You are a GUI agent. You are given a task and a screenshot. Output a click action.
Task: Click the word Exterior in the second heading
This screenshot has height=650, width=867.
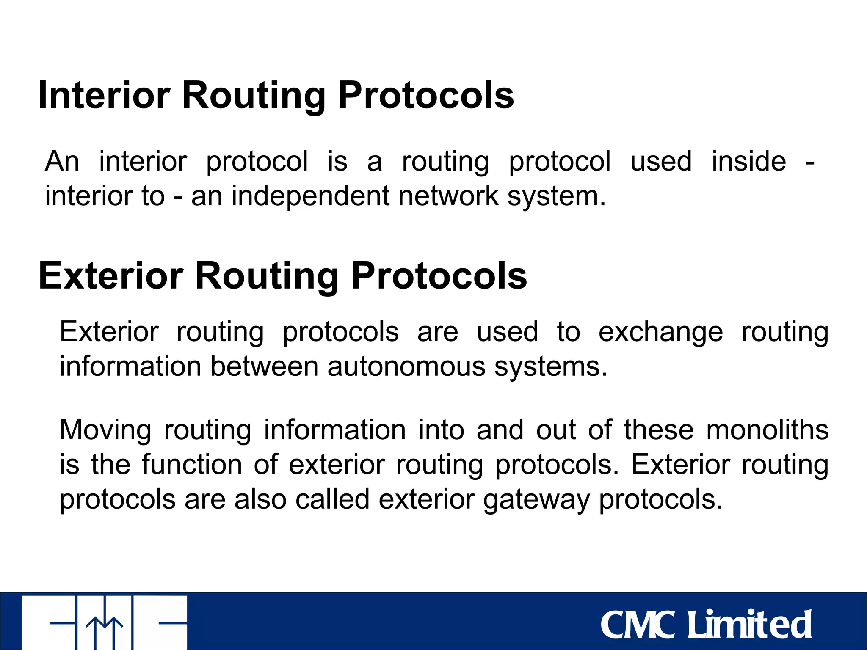(x=111, y=276)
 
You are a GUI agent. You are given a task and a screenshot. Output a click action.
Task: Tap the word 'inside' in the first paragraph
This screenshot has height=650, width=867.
(x=748, y=161)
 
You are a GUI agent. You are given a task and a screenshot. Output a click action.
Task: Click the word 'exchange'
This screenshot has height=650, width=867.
(x=660, y=331)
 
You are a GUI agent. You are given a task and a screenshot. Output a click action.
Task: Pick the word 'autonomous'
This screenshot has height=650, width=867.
(x=406, y=366)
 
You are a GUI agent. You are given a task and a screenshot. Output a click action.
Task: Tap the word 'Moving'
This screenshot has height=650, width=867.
(x=105, y=430)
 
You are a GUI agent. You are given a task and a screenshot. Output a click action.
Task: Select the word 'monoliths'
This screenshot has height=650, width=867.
(x=767, y=430)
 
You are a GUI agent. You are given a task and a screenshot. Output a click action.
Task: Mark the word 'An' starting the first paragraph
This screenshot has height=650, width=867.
(x=62, y=161)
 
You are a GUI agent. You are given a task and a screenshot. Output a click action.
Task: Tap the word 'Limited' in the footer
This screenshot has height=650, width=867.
(x=748, y=624)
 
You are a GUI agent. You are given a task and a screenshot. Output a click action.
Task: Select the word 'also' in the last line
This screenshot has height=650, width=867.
(x=260, y=499)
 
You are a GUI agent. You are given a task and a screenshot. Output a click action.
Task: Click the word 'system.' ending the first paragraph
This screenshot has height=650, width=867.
(x=556, y=197)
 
